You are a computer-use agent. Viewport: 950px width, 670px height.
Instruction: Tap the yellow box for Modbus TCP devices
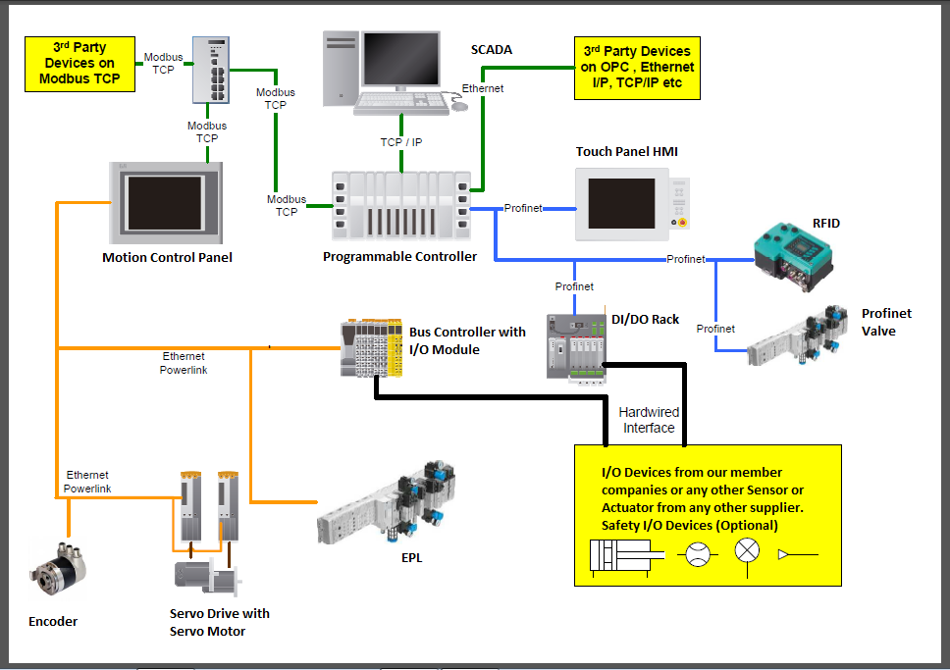tap(80, 64)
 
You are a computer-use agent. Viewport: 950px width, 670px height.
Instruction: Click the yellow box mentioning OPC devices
tap(637, 69)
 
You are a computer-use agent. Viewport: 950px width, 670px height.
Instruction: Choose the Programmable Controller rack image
tap(401, 205)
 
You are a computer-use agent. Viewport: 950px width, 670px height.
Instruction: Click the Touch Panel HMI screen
tap(621, 203)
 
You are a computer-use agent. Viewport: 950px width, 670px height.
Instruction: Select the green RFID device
tap(796, 253)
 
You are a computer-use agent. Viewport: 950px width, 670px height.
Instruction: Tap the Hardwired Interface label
tap(649, 420)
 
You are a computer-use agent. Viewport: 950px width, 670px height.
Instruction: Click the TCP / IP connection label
tap(401, 142)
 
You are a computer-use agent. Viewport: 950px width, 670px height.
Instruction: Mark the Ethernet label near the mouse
tap(483, 88)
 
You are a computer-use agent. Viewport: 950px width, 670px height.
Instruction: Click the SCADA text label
tap(492, 49)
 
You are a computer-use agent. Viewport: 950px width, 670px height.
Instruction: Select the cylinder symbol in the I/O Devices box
tap(620, 555)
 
